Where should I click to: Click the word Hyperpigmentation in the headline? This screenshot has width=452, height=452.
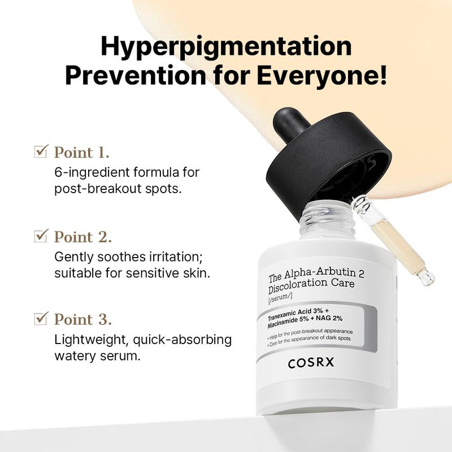coord(225,46)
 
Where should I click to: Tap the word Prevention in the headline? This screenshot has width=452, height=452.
coord(134,76)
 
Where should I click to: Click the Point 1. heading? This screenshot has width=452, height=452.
coord(82,152)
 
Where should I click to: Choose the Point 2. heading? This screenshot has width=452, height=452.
coord(82,236)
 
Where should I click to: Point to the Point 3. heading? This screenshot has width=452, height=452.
coord(82,319)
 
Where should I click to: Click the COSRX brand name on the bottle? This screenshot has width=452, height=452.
coord(311,362)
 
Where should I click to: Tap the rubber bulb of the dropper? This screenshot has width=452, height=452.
coord(291,121)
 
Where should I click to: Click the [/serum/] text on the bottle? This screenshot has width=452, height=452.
coord(281,296)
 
